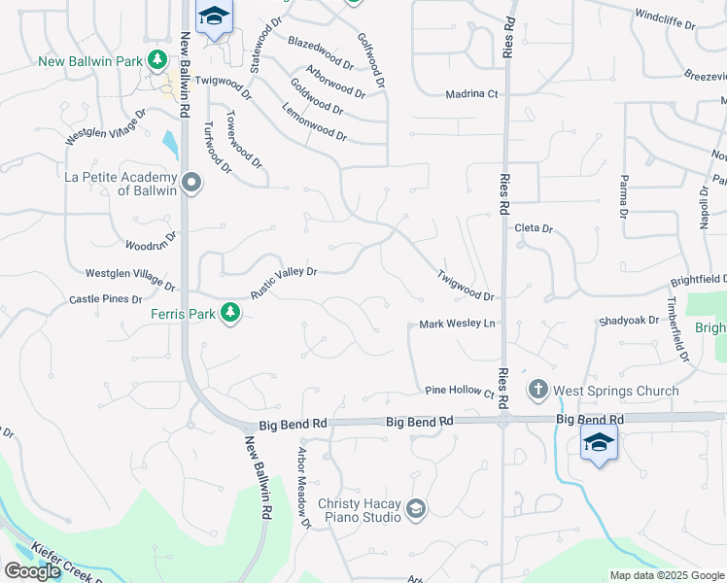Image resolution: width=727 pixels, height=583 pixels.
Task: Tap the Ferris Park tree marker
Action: point(230,313)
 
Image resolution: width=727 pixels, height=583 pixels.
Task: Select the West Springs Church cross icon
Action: point(537,391)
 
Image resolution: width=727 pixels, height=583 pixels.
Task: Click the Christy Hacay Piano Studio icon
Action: point(416,509)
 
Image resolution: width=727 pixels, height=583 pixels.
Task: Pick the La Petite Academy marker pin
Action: point(191,183)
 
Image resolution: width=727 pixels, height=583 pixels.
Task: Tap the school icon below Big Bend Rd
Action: point(599,443)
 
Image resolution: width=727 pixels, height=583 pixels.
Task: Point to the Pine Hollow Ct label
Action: point(460,391)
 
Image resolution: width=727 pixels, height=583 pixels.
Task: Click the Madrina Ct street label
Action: point(471,94)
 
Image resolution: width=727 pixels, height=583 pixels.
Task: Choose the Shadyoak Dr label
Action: point(629,321)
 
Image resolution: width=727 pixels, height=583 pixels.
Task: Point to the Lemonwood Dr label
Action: point(314,120)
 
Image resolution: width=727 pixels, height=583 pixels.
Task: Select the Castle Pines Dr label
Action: point(106,300)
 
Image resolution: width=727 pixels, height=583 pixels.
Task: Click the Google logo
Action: point(32,570)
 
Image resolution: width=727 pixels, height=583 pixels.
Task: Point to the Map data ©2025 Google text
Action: point(667,575)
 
